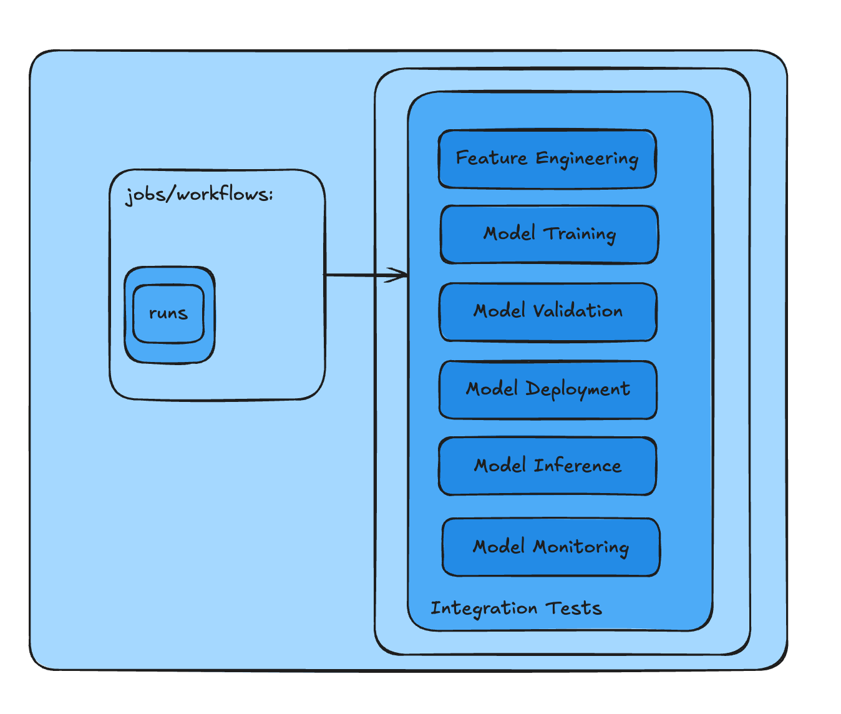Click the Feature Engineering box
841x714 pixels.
(547, 159)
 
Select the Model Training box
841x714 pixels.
(549, 235)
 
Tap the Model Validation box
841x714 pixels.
(548, 312)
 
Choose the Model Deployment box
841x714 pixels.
(548, 389)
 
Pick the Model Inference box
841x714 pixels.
(547, 466)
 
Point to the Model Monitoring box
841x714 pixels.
(551, 547)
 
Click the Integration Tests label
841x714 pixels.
(516, 608)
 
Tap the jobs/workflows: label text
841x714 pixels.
(200, 195)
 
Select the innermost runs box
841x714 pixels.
(168, 313)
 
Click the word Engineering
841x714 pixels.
(587, 159)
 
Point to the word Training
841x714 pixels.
(580, 235)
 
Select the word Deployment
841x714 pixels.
(578, 389)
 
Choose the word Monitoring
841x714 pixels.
(580, 547)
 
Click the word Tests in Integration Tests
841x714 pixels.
(573, 608)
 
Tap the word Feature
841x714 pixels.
(492, 158)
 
